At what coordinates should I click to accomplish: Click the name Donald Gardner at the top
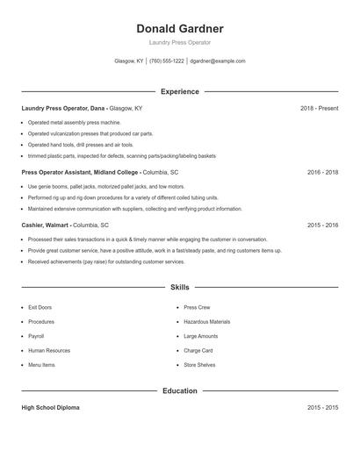pyautogui.click(x=179, y=28)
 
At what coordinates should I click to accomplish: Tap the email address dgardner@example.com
pyautogui.click(x=218, y=61)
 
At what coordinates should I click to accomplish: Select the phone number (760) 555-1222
pyautogui.click(x=167, y=61)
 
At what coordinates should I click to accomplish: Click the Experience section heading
pyautogui.click(x=179, y=91)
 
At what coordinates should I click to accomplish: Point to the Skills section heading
pyautogui.click(x=179, y=287)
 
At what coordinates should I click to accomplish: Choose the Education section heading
pyautogui.click(x=179, y=390)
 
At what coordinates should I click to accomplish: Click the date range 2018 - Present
pyautogui.click(x=319, y=108)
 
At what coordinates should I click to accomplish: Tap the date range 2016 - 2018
pyautogui.click(x=322, y=173)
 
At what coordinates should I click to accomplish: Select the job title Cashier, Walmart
pyautogui.click(x=46, y=225)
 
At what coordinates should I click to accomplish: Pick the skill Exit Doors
pyautogui.click(x=40, y=308)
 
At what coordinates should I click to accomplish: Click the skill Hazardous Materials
pyautogui.click(x=206, y=322)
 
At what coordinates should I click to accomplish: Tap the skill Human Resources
pyautogui.click(x=48, y=350)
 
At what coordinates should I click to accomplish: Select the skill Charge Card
pyautogui.click(x=198, y=350)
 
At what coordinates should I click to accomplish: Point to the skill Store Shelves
pyautogui.click(x=199, y=364)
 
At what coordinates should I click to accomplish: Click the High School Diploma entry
pyautogui.click(x=51, y=408)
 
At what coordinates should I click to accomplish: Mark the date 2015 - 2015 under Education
pyautogui.click(x=322, y=408)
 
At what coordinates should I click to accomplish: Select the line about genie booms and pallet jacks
pyautogui.click(x=105, y=187)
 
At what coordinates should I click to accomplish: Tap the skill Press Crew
pyautogui.click(x=197, y=308)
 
